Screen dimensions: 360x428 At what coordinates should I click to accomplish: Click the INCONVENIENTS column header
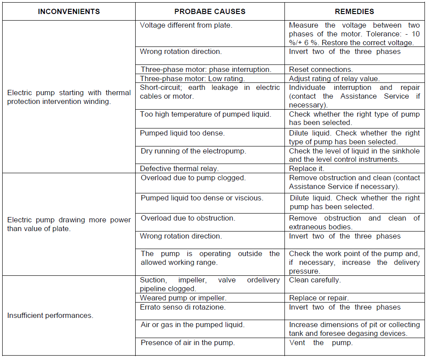[69, 11]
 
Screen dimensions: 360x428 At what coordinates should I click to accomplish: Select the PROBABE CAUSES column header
[210, 11]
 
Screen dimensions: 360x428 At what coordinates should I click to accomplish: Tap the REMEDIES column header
[354, 11]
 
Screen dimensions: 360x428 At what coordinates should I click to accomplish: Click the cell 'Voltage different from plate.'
[186, 25]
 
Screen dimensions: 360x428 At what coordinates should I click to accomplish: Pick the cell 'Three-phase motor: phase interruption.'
[206, 69]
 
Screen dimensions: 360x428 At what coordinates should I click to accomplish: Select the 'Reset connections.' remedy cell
[321, 69]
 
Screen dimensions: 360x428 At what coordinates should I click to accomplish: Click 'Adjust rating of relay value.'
[334, 78]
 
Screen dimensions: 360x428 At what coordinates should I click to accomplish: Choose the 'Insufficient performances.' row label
[50, 315]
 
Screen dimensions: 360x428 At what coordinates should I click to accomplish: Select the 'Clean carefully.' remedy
[315, 280]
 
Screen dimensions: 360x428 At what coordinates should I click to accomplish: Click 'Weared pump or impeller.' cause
[183, 298]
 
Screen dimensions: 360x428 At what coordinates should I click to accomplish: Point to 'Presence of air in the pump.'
[187, 343]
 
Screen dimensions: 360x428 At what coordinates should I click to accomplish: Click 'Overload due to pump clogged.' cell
[193, 178]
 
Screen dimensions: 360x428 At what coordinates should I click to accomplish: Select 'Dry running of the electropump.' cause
[193, 151]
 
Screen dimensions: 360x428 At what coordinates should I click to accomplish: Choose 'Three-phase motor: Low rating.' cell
[192, 78]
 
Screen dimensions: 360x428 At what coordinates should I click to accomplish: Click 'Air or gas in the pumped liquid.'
[192, 325]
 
